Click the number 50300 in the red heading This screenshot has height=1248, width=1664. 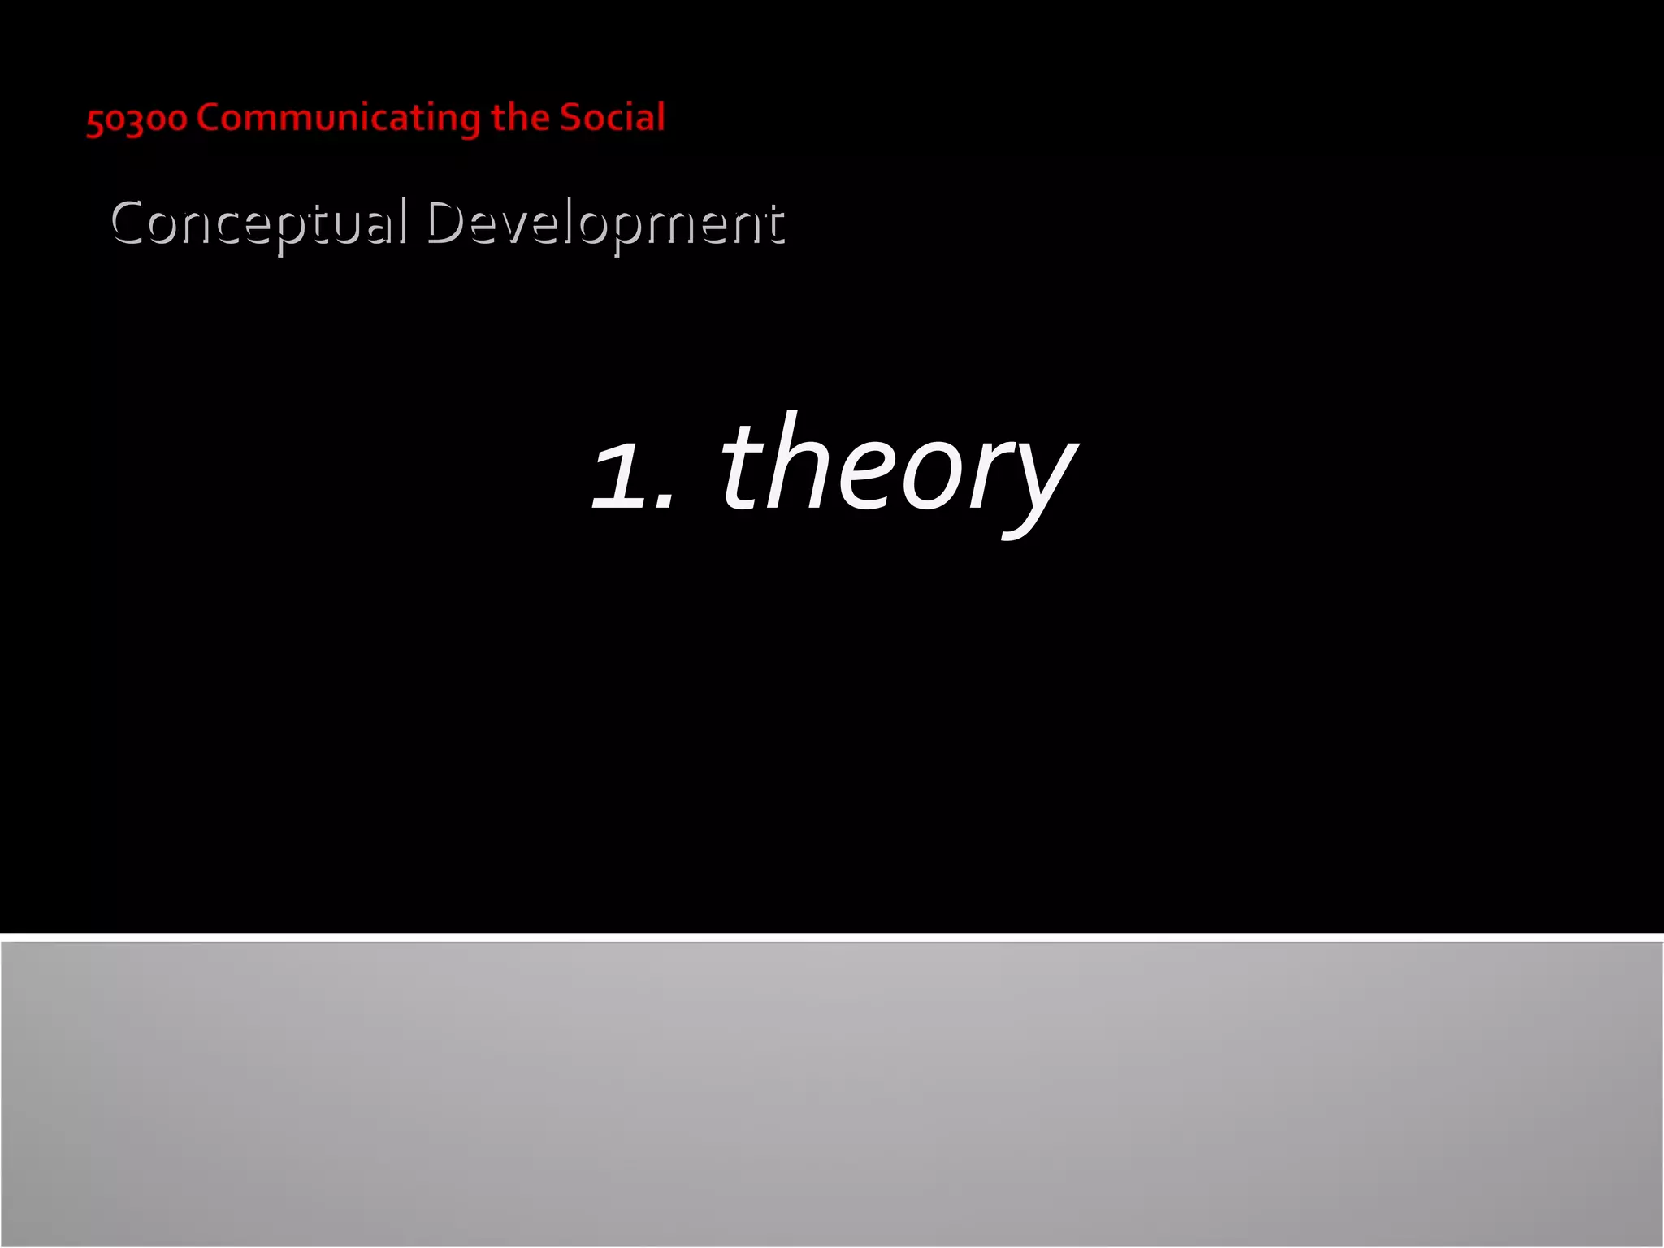point(136,119)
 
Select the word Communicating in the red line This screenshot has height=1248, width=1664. point(340,119)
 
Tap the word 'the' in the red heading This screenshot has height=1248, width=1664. point(520,117)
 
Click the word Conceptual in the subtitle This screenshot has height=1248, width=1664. point(258,223)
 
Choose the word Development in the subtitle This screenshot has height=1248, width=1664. point(605,223)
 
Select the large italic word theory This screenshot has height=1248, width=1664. point(898,467)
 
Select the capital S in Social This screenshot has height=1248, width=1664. point(570,117)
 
